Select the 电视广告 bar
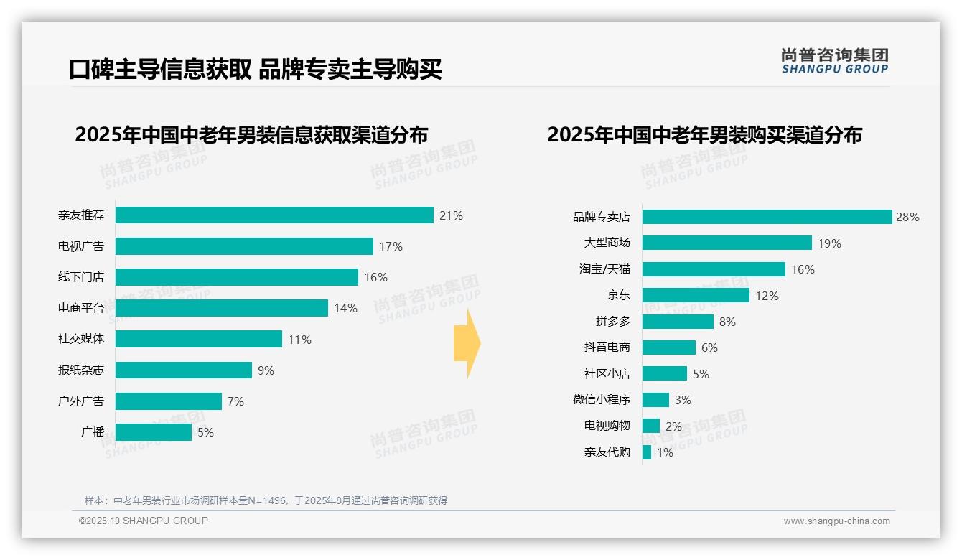[244, 246]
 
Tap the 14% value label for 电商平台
[345, 309]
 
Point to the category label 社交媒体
[81, 339]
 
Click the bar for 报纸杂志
[184, 370]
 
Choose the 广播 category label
[93, 432]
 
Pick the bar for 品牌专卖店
[767, 217]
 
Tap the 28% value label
[907, 217]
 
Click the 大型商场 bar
[727, 243]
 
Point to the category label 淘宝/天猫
[604, 269]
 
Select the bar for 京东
[696, 295]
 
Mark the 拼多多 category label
[612, 322]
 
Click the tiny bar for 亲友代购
[647, 452]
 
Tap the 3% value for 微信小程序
[683, 400]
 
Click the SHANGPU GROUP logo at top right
[835, 61]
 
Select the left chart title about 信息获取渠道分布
[251, 135]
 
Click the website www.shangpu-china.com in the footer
[836, 521]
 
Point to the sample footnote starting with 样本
[266, 500]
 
